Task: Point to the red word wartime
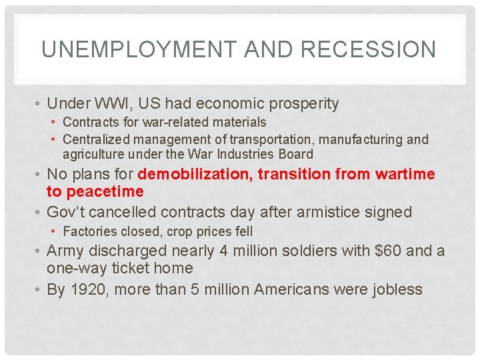[406, 175]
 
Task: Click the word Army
[65, 251]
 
